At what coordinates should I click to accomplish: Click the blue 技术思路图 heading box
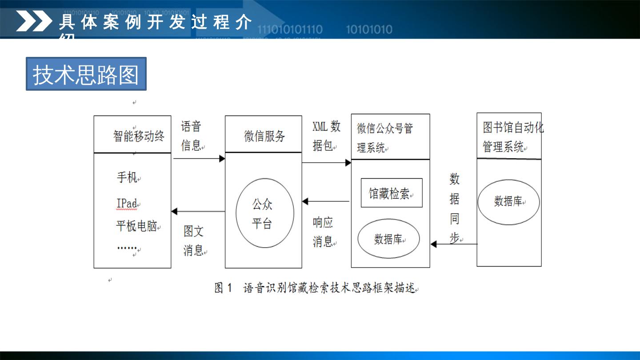[86, 74]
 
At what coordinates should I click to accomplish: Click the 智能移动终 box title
[139, 136]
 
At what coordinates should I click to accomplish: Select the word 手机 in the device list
[127, 177]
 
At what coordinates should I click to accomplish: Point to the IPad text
[127, 204]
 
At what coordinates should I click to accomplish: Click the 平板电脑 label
[136, 226]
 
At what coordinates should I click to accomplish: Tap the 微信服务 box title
[264, 136]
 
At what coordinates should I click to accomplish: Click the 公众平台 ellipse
[264, 213]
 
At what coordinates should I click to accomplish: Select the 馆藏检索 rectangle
[391, 193]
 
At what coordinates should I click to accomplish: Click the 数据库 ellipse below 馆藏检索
[389, 239]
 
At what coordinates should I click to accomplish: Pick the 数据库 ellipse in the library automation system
[508, 201]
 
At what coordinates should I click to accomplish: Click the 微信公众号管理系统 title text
[385, 138]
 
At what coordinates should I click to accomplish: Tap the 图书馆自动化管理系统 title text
[513, 137]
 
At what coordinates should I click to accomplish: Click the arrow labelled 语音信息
[199, 158]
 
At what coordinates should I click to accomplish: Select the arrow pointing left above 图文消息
[198, 212]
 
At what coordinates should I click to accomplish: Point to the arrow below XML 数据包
[326, 163]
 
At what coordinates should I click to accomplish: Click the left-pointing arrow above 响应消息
[326, 201]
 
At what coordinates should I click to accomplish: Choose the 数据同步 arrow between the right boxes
[454, 244]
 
